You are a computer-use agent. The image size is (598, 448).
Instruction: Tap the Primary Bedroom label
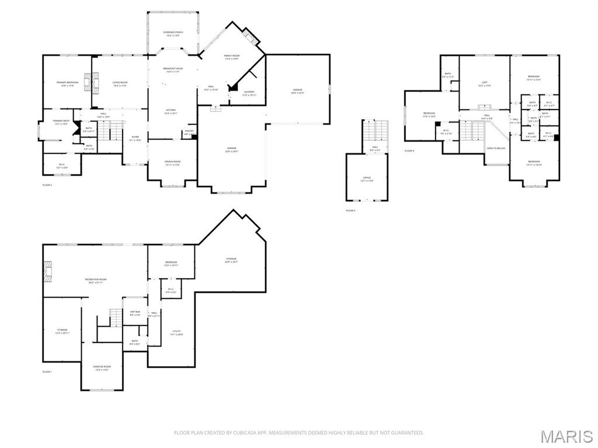(x=67, y=84)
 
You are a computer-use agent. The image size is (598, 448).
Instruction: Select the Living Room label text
(x=120, y=84)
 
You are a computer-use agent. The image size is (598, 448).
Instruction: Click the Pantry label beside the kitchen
(x=189, y=132)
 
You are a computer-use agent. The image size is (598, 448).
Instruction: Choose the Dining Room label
(x=172, y=163)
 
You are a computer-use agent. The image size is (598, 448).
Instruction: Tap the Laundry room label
(x=249, y=93)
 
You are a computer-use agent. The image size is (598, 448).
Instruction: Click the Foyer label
(x=135, y=138)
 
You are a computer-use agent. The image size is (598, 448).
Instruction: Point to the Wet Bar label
(x=135, y=313)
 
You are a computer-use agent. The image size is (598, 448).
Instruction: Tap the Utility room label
(x=176, y=332)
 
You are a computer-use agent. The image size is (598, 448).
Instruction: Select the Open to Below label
(x=496, y=148)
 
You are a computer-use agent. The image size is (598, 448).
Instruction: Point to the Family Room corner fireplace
(x=252, y=37)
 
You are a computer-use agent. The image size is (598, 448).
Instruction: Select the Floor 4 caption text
(x=409, y=151)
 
